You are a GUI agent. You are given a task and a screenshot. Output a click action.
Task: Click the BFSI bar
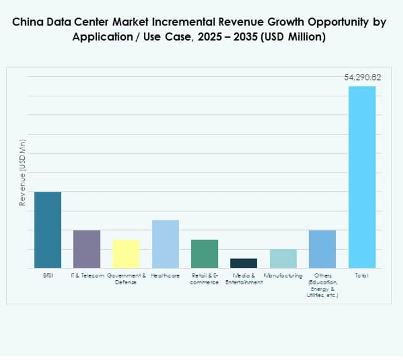pos(47,230)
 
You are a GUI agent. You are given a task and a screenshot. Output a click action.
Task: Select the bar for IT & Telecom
pos(87,249)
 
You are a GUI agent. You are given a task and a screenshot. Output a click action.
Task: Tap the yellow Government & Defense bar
pos(126,254)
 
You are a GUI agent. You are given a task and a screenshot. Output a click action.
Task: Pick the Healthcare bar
pos(165,244)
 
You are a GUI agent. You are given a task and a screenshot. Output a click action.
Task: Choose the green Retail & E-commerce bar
pos(205,254)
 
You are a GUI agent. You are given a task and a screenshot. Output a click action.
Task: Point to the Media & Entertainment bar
pos(243,263)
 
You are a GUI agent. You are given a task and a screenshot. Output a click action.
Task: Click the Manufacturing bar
pos(283,258)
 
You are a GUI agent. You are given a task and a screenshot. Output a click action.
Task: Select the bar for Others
pos(322,249)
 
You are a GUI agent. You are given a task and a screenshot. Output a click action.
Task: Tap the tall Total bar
pos(361,177)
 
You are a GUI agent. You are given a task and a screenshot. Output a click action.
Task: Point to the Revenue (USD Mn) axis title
pos(22,176)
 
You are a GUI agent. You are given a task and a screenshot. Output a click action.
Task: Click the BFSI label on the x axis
pos(47,276)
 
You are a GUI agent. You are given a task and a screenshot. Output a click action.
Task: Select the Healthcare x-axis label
pos(165,276)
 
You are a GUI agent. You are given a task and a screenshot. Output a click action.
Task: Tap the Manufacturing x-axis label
pos(283,276)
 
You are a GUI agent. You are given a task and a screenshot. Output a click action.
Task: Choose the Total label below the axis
pos(361,276)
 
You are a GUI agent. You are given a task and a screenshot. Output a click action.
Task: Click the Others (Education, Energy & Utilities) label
pos(322,286)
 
